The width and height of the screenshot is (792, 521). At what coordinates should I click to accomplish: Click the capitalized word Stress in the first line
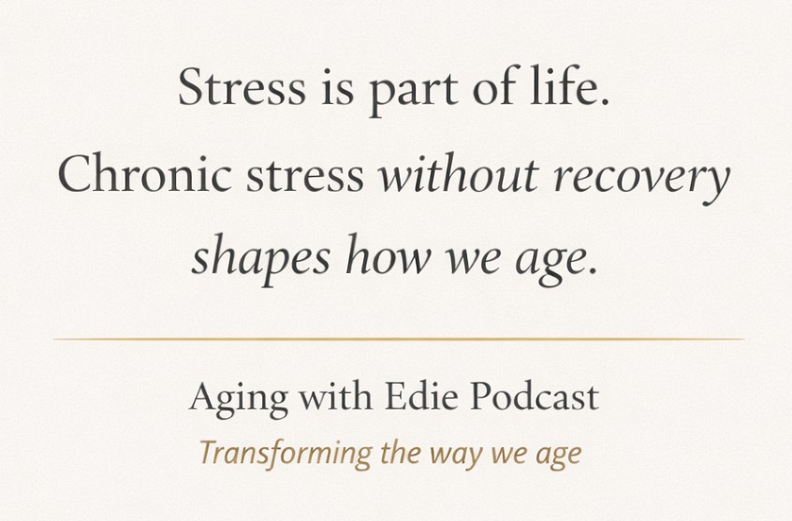point(242,87)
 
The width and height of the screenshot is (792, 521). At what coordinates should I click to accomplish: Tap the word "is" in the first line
point(337,87)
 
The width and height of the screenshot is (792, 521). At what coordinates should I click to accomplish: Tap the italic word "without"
point(459,173)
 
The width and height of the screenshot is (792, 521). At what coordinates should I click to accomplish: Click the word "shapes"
point(260,257)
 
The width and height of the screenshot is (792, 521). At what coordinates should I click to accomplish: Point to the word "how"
point(389,255)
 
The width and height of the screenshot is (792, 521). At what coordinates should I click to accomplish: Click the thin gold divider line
point(399,340)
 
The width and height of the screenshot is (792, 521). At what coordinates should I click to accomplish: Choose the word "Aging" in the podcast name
point(239,399)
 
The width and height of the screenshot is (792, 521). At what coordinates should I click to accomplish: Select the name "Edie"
point(421,397)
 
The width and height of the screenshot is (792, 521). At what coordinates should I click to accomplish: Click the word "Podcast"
point(535,397)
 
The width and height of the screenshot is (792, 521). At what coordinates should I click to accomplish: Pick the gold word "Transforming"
point(286,454)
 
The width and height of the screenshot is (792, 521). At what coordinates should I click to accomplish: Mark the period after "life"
point(605,102)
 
